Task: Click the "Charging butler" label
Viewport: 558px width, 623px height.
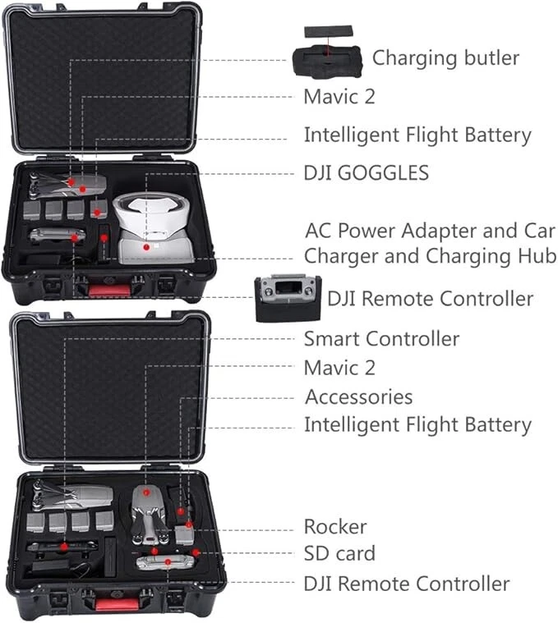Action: pyautogui.click(x=445, y=58)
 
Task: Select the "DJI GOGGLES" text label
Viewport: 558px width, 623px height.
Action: pyautogui.click(x=366, y=173)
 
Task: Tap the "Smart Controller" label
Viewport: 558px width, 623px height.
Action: pyautogui.click(x=381, y=338)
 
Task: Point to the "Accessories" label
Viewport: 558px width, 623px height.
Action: pyautogui.click(x=358, y=397)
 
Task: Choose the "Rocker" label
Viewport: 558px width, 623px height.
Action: pyautogui.click(x=335, y=526)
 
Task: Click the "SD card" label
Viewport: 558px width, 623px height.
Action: pyautogui.click(x=339, y=553)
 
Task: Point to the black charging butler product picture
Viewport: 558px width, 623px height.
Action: pyautogui.click(x=326, y=62)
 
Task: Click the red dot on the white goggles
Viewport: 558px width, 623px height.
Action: pyautogui.click(x=145, y=245)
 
